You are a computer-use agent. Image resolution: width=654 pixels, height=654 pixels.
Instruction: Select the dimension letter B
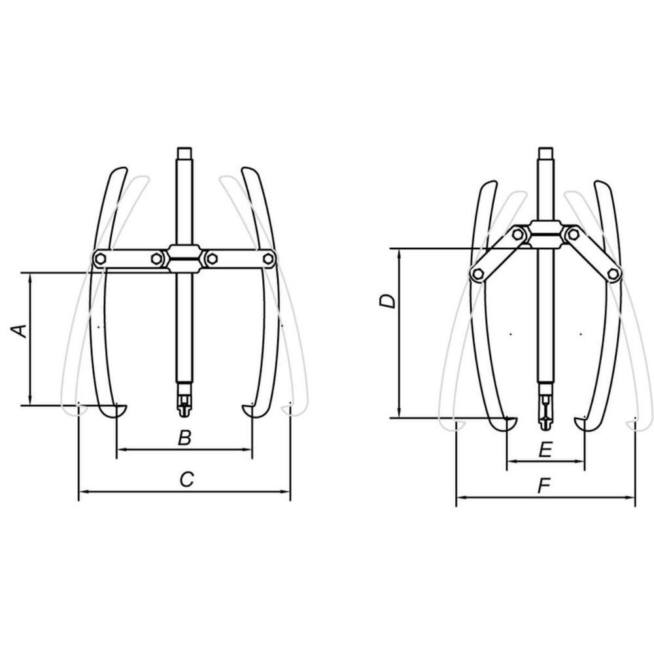click(x=184, y=438)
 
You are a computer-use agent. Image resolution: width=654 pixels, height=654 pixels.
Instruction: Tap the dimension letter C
click(x=186, y=479)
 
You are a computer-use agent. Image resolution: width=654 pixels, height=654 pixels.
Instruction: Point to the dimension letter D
click(x=387, y=301)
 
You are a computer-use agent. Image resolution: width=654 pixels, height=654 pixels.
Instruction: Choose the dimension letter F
click(x=544, y=486)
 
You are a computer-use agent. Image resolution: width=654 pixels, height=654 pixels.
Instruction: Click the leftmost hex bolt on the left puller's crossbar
click(x=100, y=259)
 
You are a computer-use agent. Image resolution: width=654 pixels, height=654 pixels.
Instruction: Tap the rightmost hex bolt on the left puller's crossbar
click(x=268, y=259)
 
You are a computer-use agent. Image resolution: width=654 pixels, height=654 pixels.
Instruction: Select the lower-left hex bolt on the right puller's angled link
click(x=477, y=274)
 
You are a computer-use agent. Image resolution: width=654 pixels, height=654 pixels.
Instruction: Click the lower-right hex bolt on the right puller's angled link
click(x=612, y=274)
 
